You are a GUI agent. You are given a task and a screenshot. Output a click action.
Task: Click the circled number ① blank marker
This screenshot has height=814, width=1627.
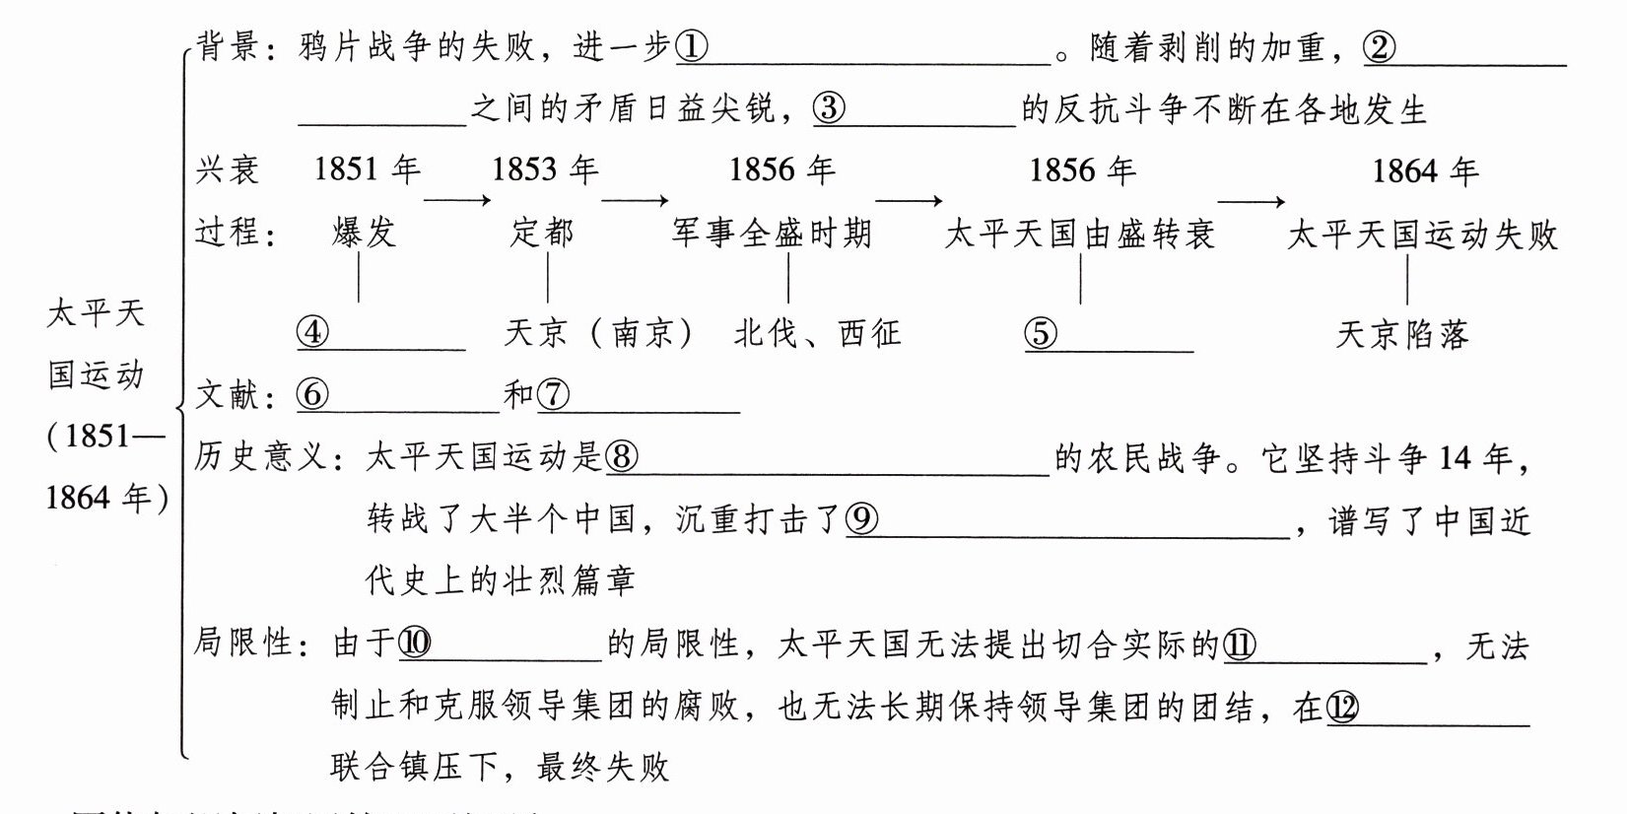pyautogui.click(x=692, y=47)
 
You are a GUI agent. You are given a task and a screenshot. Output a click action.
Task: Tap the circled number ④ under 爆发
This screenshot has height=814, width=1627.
pyautogui.click(x=312, y=332)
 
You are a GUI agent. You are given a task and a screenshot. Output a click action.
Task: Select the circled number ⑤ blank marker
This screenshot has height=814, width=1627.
pyautogui.click(x=1041, y=333)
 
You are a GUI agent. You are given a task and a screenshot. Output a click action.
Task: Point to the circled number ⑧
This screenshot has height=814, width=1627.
pyautogui.click(x=622, y=456)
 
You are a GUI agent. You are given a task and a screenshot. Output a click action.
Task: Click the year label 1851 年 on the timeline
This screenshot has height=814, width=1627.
pyautogui.click(x=367, y=170)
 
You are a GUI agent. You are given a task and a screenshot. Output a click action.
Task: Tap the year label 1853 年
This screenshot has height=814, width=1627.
pyautogui.click(x=545, y=170)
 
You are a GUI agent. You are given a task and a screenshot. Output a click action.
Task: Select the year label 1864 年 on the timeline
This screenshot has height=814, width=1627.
pyautogui.click(x=1425, y=171)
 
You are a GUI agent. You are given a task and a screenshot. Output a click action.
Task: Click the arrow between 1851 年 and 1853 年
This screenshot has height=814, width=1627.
pyautogui.click(x=457, y=201)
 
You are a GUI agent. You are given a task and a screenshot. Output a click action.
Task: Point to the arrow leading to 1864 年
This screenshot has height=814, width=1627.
pyautogui.click(x=1251, y=202)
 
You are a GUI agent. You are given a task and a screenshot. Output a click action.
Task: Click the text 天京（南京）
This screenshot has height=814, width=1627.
pyautogui.click(x=598, y=333)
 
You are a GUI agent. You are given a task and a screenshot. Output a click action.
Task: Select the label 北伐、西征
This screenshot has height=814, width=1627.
pyautogui.click(x=817, y=333)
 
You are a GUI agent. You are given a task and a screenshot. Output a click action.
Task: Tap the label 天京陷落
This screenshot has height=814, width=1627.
pyautogui.click(x=1401, y=335)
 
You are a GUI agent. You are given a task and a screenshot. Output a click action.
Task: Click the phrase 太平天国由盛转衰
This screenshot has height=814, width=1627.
pyautogui.click(x=1079, y=235)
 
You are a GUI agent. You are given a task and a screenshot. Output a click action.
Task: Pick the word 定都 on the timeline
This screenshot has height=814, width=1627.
pyautogui.click(x=542, y=233)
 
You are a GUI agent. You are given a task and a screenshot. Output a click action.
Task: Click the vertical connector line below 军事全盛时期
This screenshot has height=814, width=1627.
pyautogui.click(x=788, y=278)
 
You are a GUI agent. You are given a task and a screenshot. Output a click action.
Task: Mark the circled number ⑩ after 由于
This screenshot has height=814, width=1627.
pyautogui.click(x=415, y=644)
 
